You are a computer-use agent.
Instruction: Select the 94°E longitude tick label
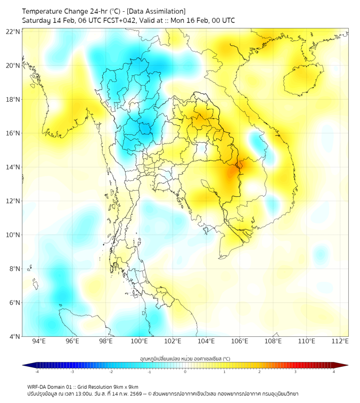pyautogui.click(x=39, y=341)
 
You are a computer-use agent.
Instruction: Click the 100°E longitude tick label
pyautogui.click(x=140, y=341)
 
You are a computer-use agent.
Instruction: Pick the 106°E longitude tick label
pyautogui.click(x=240, y=341)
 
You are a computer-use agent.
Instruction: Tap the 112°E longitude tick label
pyautogui.click(x=340, y=341)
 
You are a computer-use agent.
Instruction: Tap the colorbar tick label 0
pyautogui.click(x=185, y=372)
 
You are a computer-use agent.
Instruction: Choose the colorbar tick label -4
pyautogui.click(x=37, y=372)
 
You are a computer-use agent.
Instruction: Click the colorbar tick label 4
pyautogui.click(x=334, y=372)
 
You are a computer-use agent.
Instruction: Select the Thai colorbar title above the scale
pyautogui.click(x=185, y=358)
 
